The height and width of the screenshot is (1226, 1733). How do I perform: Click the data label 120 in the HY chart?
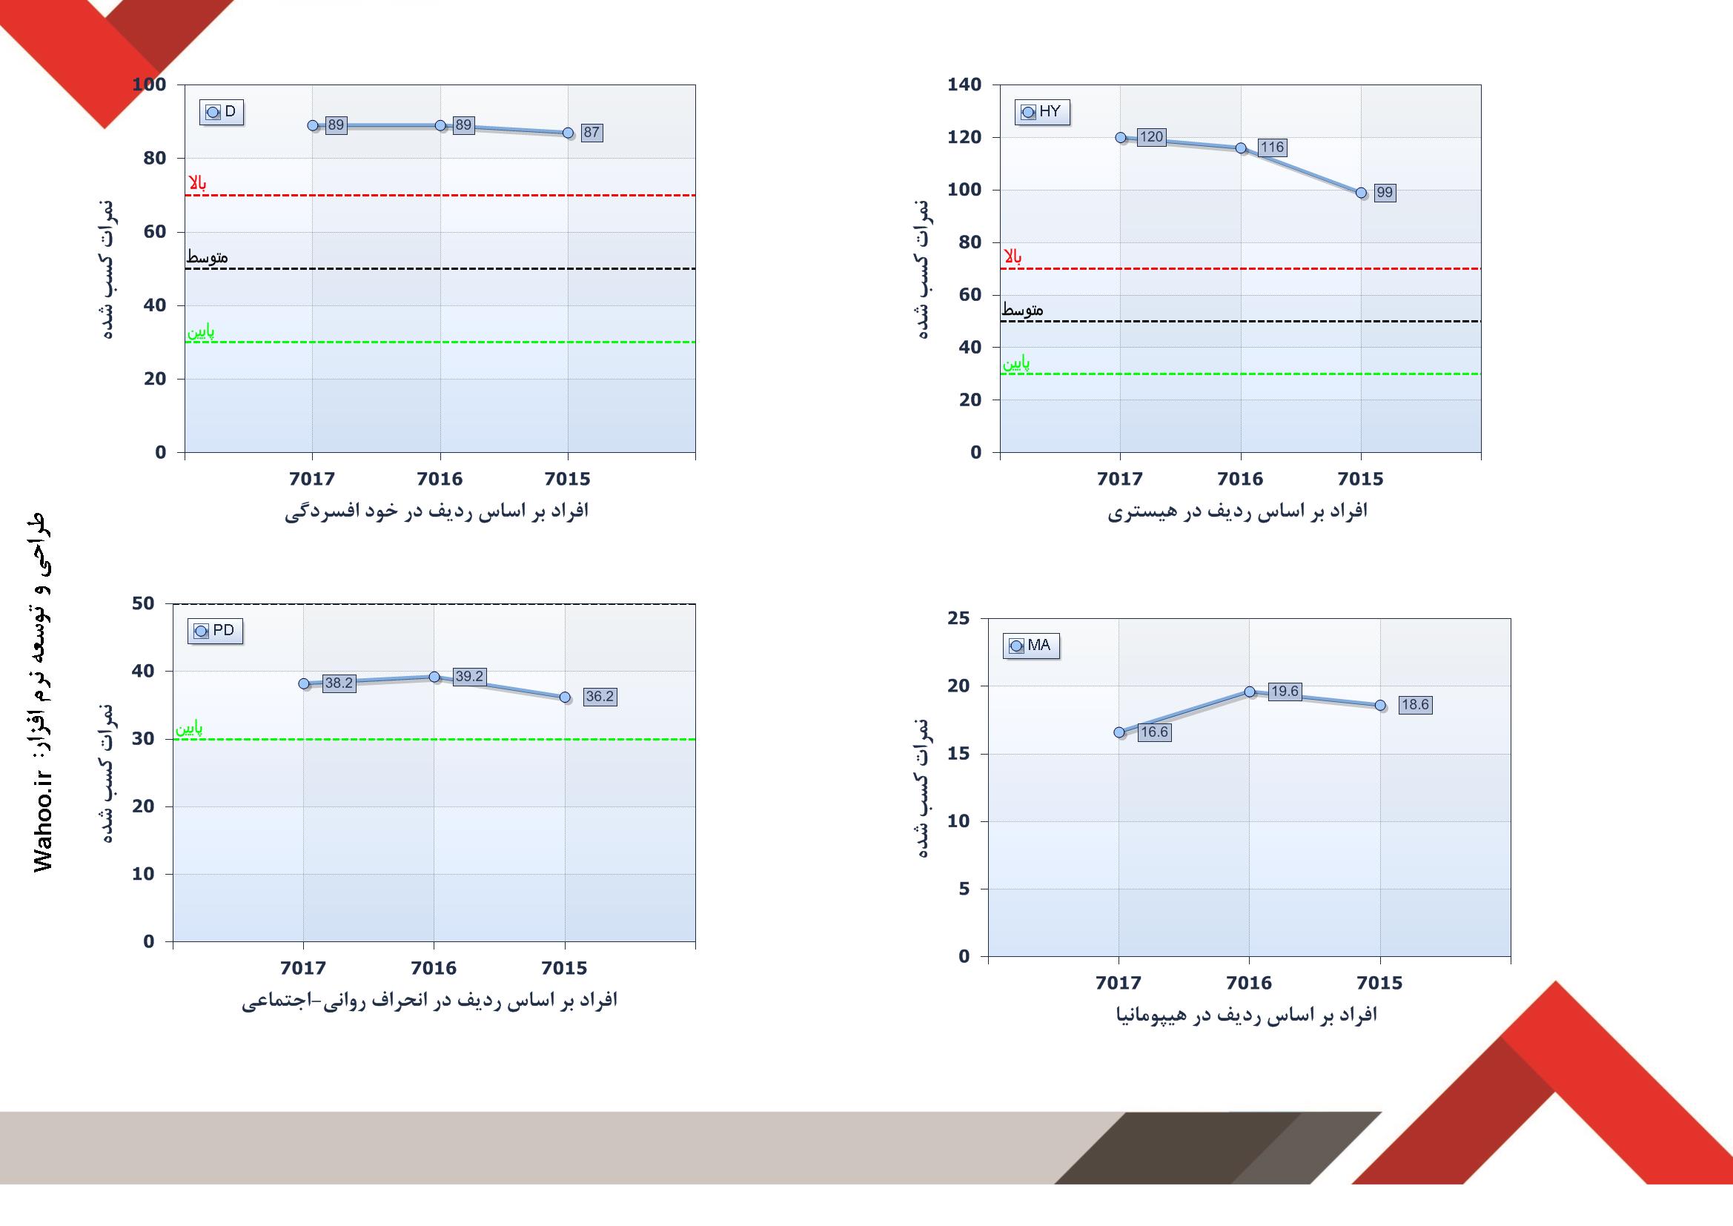coord(1151,137)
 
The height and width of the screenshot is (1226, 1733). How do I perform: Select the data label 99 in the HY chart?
coord(1384,193)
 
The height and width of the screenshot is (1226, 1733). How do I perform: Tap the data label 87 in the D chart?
coord(591,133)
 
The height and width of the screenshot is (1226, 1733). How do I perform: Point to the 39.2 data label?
coord(468,677)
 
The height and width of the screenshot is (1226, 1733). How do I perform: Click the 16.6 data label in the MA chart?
coord(1154,732)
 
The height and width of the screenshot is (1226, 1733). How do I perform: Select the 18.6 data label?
coord(1414,704)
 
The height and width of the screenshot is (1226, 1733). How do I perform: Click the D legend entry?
coord(222,112)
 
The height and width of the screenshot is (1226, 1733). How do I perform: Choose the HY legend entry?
coord(1041,112)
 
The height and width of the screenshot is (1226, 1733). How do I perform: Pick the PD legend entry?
coord(215,630)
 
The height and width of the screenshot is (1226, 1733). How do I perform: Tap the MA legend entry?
coord(1031,646)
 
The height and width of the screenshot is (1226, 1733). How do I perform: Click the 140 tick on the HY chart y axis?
coord(964,85)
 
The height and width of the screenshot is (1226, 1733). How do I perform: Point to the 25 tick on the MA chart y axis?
coord(958,618)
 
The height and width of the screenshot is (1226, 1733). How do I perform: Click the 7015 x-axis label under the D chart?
coord(568,479)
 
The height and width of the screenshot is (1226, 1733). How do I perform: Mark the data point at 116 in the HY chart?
coord(1241,148)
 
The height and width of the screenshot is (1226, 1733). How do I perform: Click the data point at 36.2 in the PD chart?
coord(566,698)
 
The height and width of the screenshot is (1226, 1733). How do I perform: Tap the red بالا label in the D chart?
coord(197,183)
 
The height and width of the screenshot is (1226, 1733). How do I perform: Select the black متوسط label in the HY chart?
coord(1023,310)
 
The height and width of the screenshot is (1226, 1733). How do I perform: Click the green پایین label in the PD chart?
coord(189,729)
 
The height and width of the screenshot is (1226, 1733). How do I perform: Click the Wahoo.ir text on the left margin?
coord(43,823)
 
